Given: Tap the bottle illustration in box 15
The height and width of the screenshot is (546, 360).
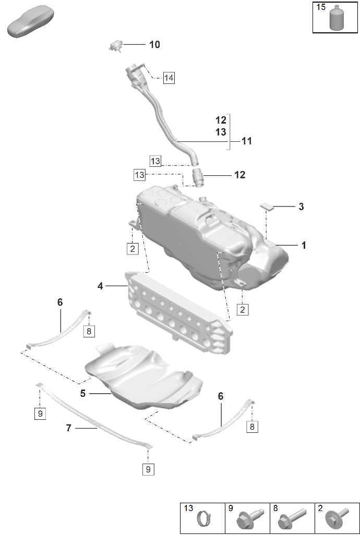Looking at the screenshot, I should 336,18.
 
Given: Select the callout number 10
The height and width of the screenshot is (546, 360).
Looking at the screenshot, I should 154,45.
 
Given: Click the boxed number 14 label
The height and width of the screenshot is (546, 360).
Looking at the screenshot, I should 168,78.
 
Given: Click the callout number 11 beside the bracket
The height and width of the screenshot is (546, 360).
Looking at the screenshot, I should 246,141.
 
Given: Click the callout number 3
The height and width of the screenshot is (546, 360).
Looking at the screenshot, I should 301,207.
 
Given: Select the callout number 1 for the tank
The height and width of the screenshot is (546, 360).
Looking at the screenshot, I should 303,245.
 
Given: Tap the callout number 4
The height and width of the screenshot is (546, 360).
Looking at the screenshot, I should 100,286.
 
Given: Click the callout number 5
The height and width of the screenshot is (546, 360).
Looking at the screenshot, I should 83,394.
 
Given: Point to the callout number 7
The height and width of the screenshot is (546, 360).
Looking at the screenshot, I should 68,428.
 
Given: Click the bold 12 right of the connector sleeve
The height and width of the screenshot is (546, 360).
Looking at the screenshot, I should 239,175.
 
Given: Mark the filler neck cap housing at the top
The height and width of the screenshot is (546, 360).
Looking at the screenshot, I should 134,76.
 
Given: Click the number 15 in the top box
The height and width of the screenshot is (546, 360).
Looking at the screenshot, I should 321,7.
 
